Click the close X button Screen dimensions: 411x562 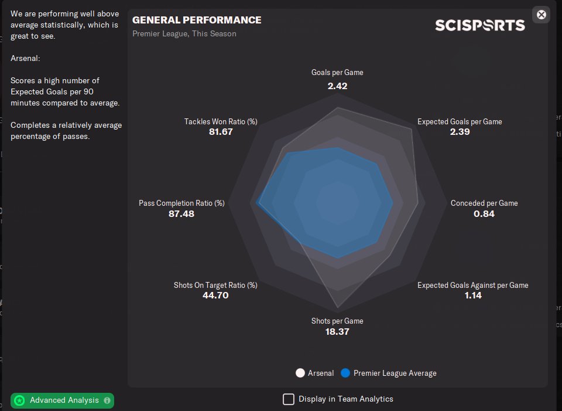[x=542, y=15]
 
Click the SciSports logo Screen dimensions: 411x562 [x=479, y=25]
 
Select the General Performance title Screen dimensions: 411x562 [x=197, y=20]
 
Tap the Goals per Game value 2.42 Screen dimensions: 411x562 [x=337, y=86]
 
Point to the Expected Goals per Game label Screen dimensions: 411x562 [x=460, y=121]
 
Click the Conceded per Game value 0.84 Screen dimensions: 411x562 [x=484, y=213]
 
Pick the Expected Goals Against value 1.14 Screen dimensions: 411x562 [x=472, y=295]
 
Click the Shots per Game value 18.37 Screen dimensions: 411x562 [x=337, y=331]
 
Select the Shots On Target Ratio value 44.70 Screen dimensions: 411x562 [x=215, y=295]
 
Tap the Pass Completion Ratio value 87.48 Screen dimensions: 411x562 [x=181, y=213]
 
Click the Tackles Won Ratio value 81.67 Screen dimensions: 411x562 [x=221, y=132]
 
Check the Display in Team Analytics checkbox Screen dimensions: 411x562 [x=289, y=399]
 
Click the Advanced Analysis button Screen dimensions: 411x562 [x=61, y=400]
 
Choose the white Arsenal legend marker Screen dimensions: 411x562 [x=301, y=373]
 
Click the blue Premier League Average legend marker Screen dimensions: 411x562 [x=345, y=373]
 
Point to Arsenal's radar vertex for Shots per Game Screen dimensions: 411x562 [x=338, y=309]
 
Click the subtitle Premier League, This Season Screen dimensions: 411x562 [x=184, y=34]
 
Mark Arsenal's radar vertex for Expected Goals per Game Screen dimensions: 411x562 [x=412, y=129]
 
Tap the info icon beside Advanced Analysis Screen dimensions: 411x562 [x=107, y=400]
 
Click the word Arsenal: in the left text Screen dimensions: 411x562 [x=25, y=58]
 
